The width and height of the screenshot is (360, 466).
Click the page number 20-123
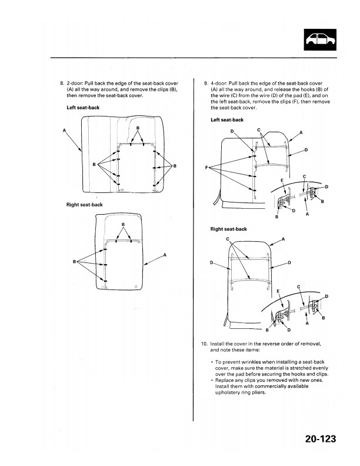coord(325,439)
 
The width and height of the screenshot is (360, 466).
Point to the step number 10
coord(204,343)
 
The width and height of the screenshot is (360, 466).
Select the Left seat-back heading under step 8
coord(83,108)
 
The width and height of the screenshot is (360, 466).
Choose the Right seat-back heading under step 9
coord(228,229)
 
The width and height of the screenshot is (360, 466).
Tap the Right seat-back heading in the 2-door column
coord(85,204)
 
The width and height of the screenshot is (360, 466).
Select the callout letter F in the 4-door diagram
coord(207,167)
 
